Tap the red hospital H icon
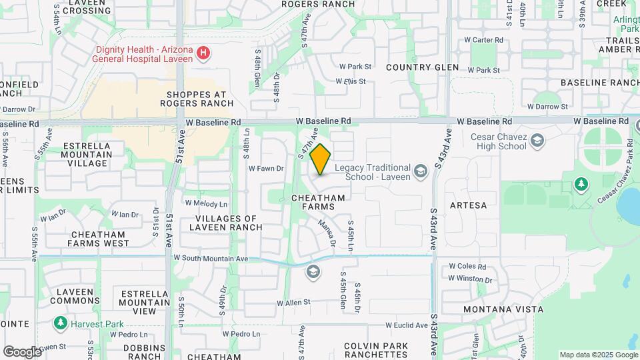pos(204,53)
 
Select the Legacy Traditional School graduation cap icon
pos(421,172)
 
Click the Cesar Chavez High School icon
pos(538,141)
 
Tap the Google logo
pos(22,351)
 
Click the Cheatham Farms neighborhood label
pos(318,203)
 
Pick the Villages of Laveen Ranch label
pos(227,223)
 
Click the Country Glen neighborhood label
pos(423,67)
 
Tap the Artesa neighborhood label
pos(469,205)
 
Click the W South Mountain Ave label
pos(211,259)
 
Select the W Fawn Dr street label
pos(266,169)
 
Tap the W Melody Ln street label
pos(206,203)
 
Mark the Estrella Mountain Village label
pos(87,154)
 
